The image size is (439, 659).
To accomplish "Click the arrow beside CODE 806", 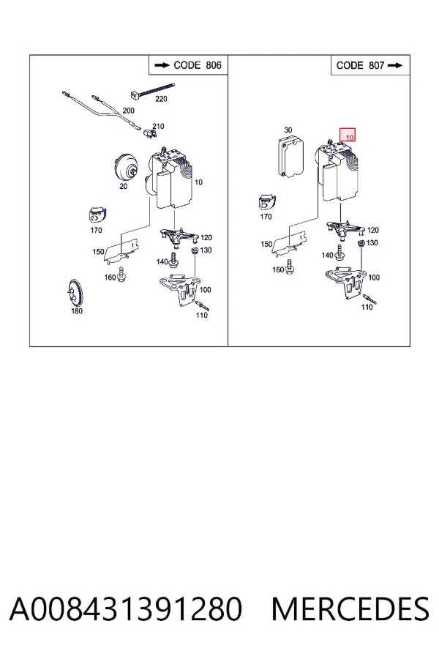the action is [x=162, y=66].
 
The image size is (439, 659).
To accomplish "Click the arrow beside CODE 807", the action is [x=395, y=66].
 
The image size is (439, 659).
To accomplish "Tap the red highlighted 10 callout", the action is [x=348, y=135].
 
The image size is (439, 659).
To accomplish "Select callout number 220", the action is [x=161, y=99].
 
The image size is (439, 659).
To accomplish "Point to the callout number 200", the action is [x=128, y=111].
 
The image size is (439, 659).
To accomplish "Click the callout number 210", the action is [x=158, y=126].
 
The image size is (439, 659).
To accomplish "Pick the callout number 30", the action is [x=288, y=130].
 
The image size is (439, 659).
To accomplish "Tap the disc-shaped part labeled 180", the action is [x=75, y=292].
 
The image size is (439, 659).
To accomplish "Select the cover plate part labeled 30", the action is [x=291, y=157].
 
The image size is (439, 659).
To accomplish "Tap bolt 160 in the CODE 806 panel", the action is [x=121, y=274].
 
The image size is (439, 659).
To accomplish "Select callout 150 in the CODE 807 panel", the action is [x=266, y=244].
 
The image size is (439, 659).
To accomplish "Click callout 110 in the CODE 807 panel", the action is [x=367, y=308].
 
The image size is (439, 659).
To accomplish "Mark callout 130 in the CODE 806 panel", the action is [x=206, y=250].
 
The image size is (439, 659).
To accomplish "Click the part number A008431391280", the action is [x=126, y=609].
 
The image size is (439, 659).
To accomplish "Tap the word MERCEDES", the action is [x=350, y=609].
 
